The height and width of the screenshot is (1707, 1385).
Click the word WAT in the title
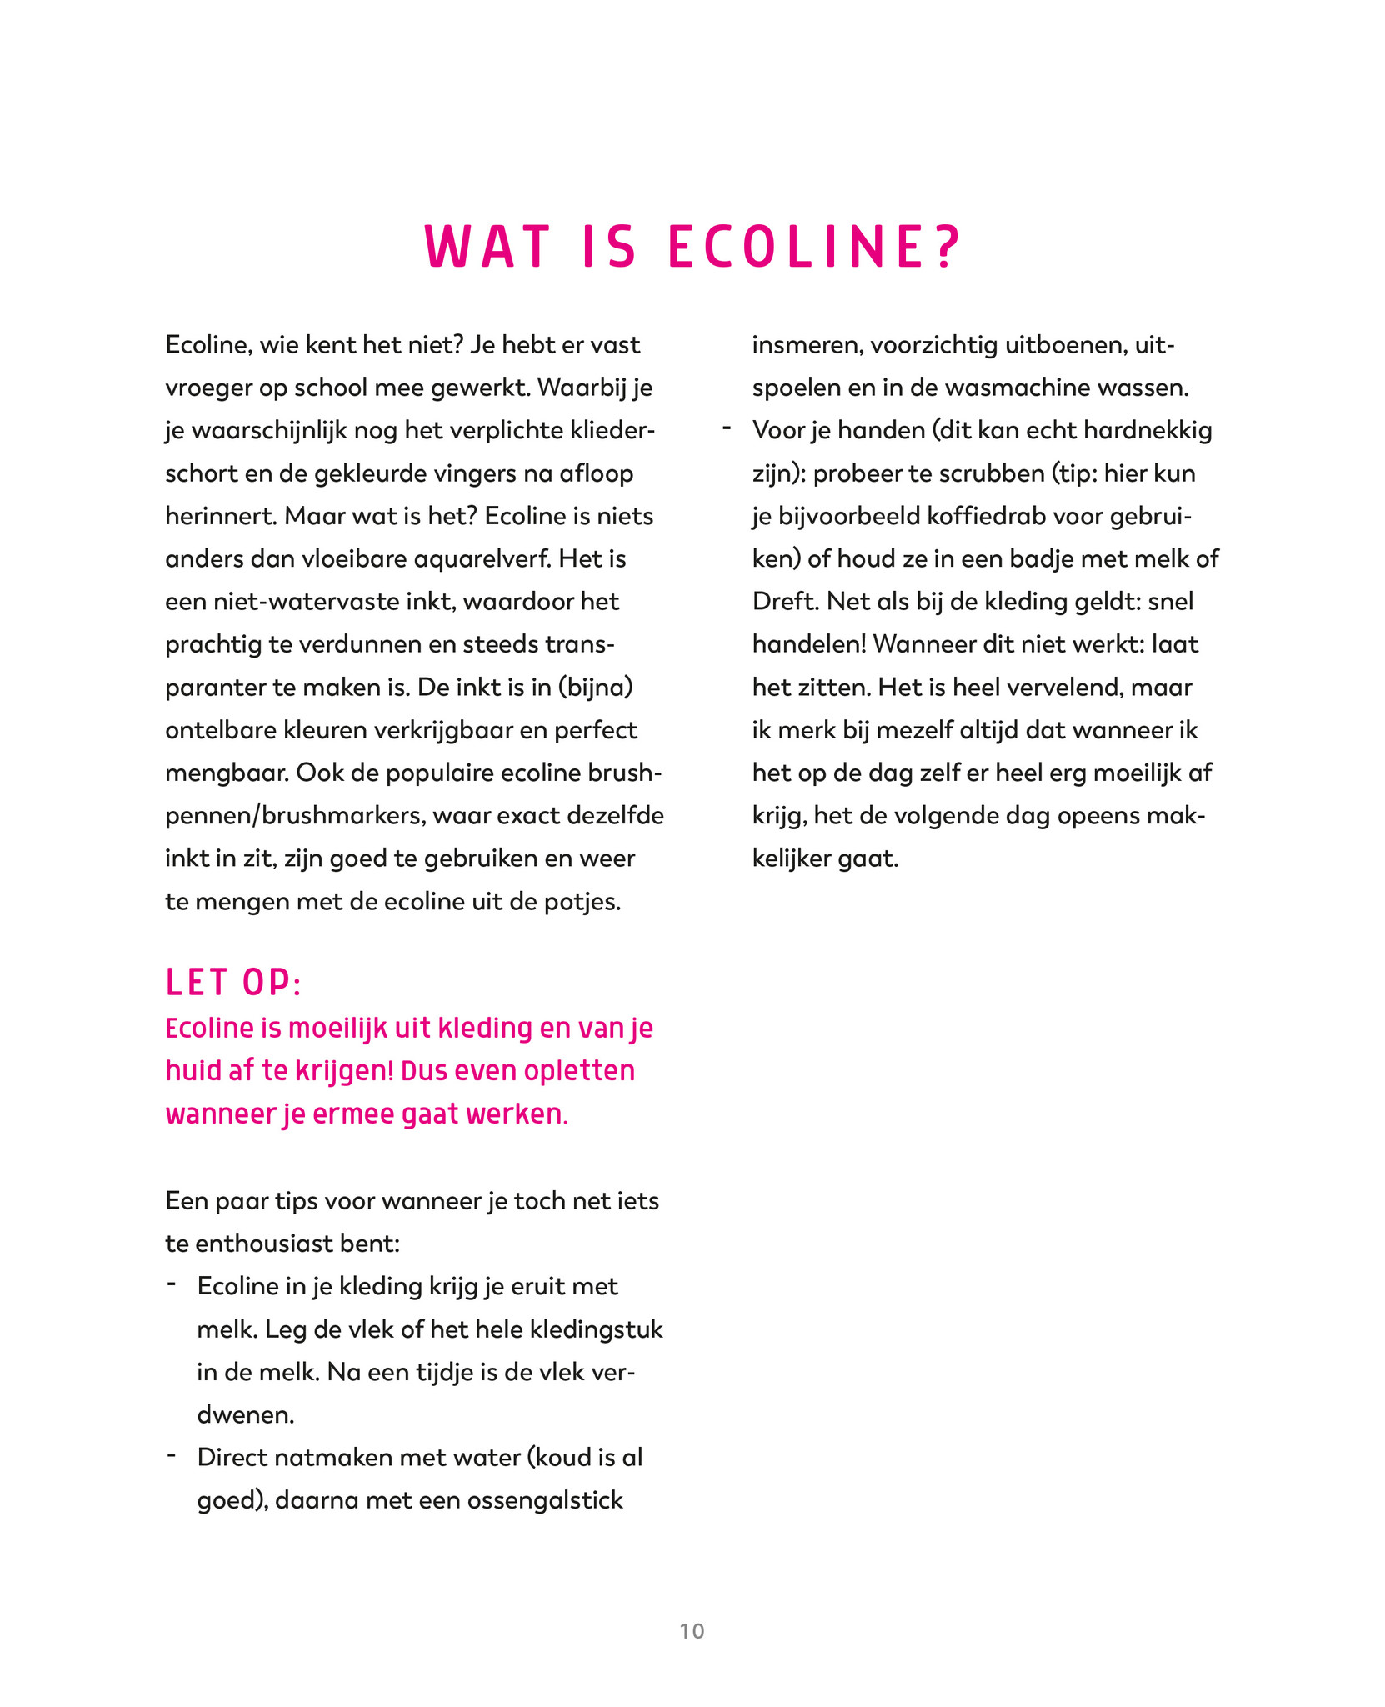click(x=487, y=247)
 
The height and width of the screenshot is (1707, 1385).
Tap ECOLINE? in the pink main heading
click(x=815, y=247)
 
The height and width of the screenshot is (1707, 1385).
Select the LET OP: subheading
click(x=232, y=983)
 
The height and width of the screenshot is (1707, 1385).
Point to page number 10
click(x=692, y=1631)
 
